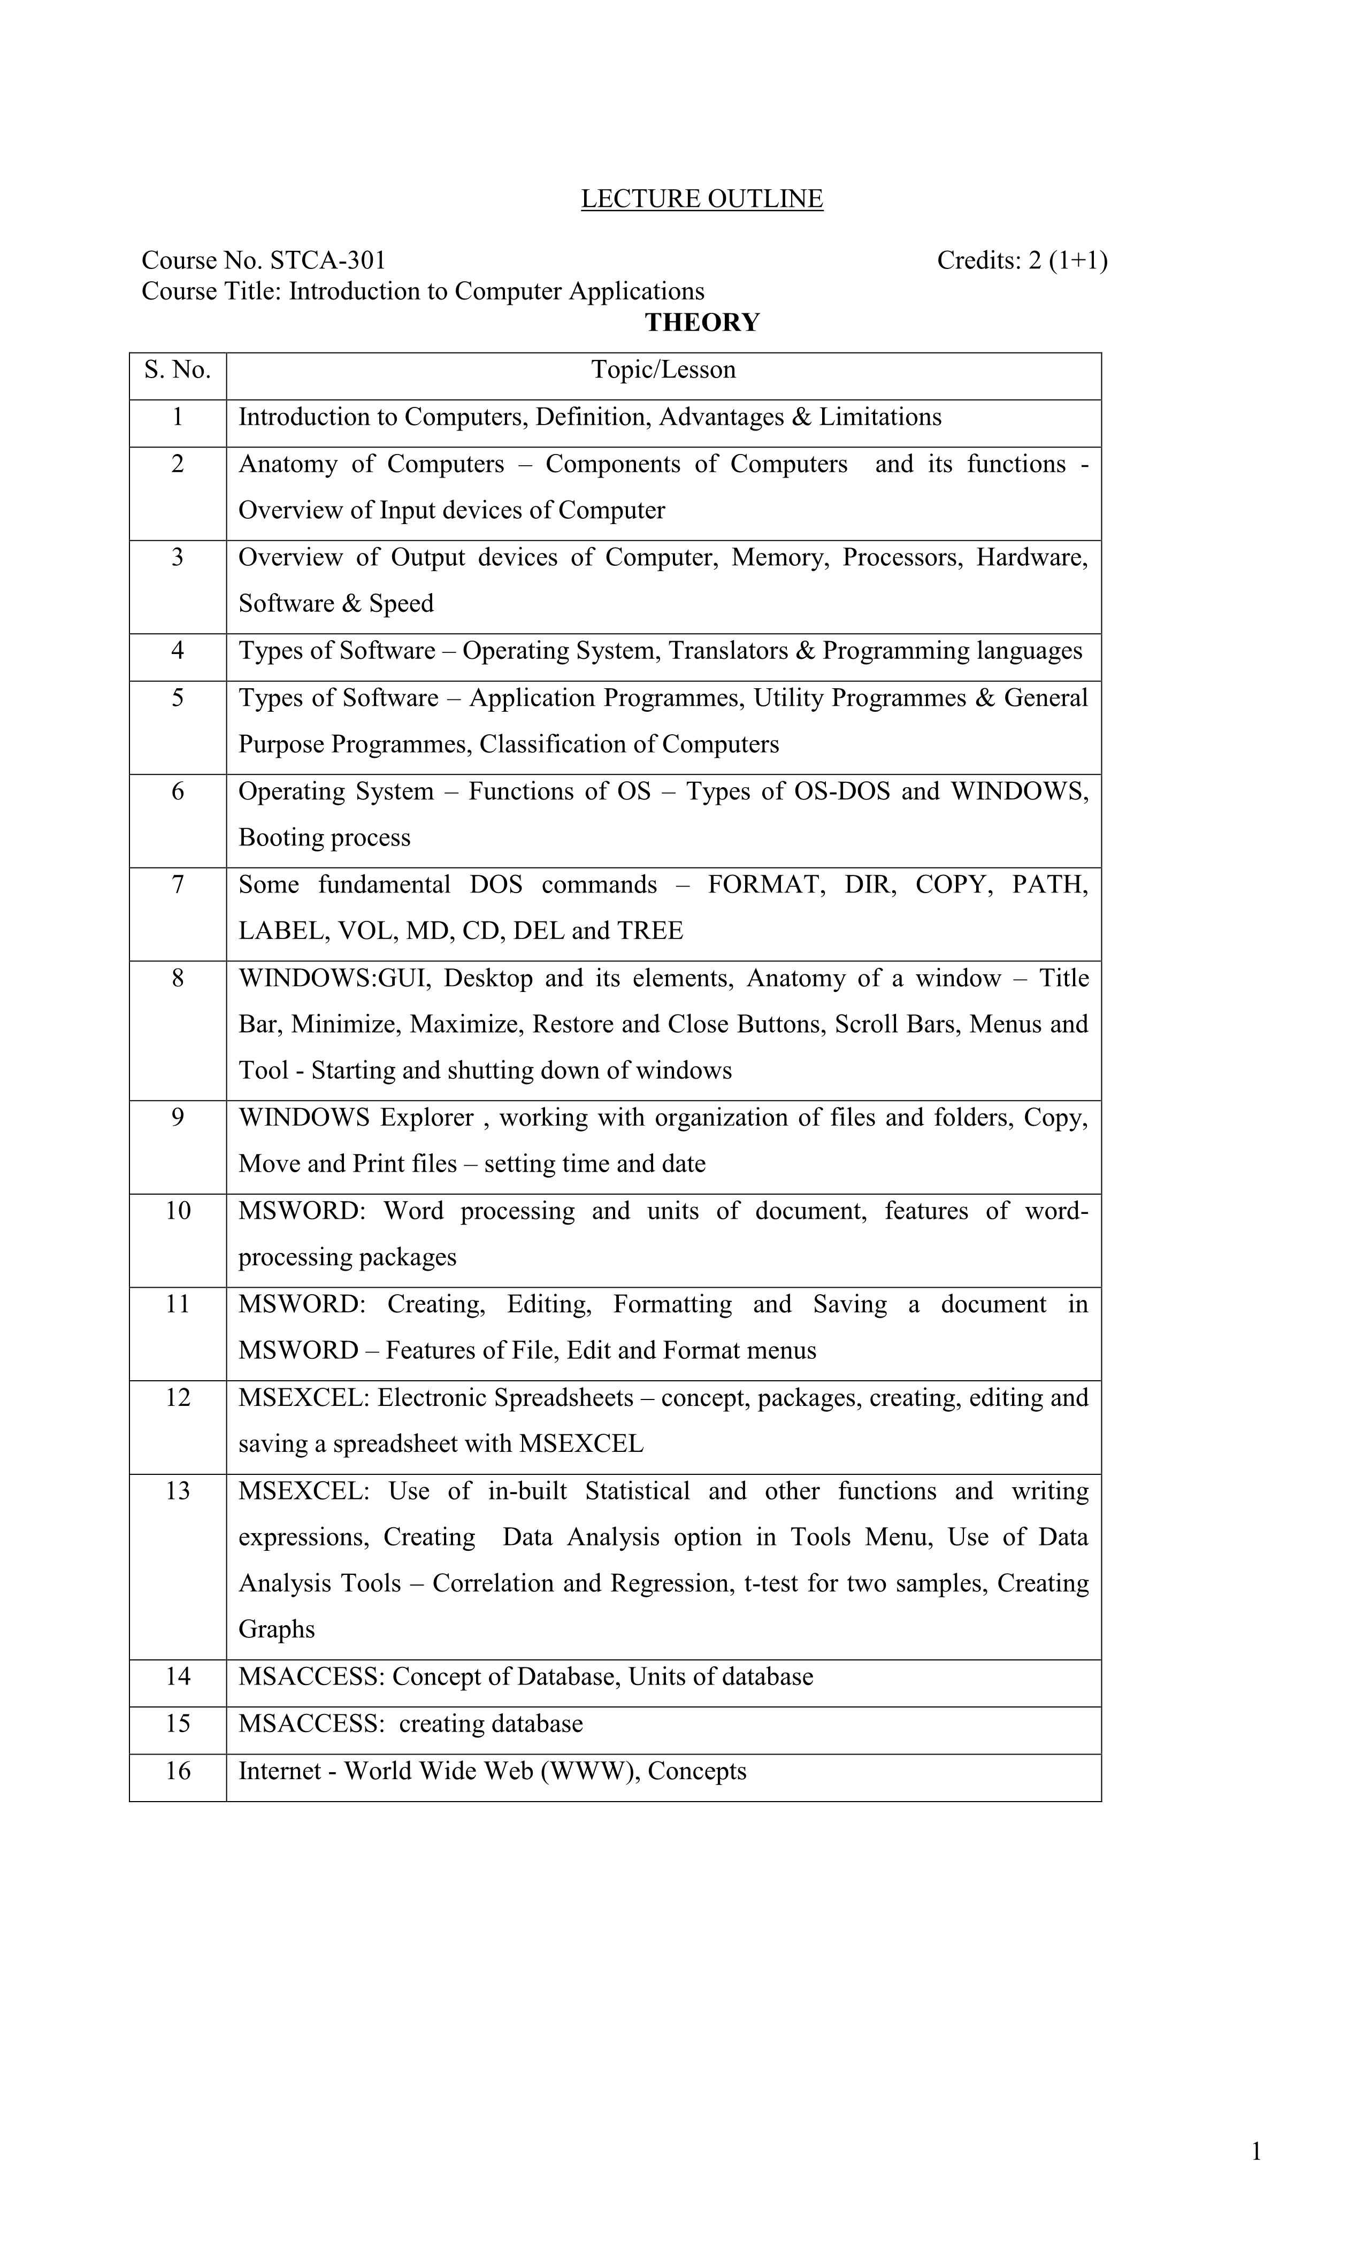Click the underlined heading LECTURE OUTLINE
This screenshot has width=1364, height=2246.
click(701, 199)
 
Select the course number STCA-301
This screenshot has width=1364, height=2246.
click(328, 261)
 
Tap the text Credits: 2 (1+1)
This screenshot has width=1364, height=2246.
click(1022, 261)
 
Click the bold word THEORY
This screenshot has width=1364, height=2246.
click(702, 322)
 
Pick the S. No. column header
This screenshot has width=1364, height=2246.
click(178, 370)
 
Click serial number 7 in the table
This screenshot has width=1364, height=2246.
click(178, 884)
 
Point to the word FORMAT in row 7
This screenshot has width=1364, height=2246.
click(766, 884)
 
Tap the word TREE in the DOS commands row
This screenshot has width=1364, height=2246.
click(649, 930)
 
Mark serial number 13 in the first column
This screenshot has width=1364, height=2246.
click(178, 1491)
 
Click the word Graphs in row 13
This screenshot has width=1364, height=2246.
click(276, 1630)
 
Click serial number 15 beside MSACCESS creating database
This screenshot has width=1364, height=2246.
click(178, 1724)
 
